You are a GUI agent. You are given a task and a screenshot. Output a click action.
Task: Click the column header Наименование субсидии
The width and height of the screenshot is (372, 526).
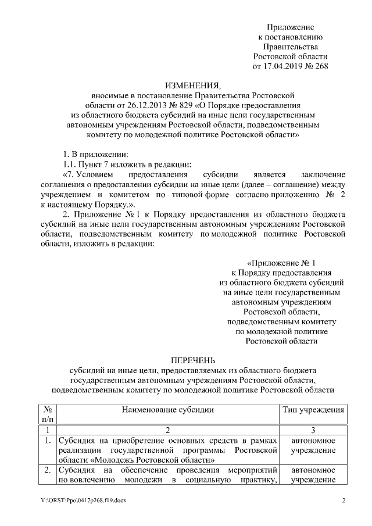167,410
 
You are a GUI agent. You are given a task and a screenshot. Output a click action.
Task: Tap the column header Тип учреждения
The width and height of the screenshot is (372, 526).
313,410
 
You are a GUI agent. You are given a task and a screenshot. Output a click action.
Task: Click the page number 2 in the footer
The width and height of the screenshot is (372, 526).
344,500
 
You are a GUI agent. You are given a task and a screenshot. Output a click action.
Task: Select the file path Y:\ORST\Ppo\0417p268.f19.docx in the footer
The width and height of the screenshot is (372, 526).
78,500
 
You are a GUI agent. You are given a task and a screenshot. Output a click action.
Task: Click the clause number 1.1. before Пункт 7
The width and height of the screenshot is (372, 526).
71,164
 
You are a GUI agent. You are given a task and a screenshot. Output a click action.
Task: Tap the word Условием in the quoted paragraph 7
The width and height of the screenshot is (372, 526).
92,174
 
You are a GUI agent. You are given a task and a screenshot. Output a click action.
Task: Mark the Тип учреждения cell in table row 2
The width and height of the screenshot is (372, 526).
313,475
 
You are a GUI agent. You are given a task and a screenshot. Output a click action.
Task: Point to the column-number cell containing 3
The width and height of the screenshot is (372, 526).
313,431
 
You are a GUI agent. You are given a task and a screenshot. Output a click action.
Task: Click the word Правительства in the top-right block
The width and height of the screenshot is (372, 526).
290,46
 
